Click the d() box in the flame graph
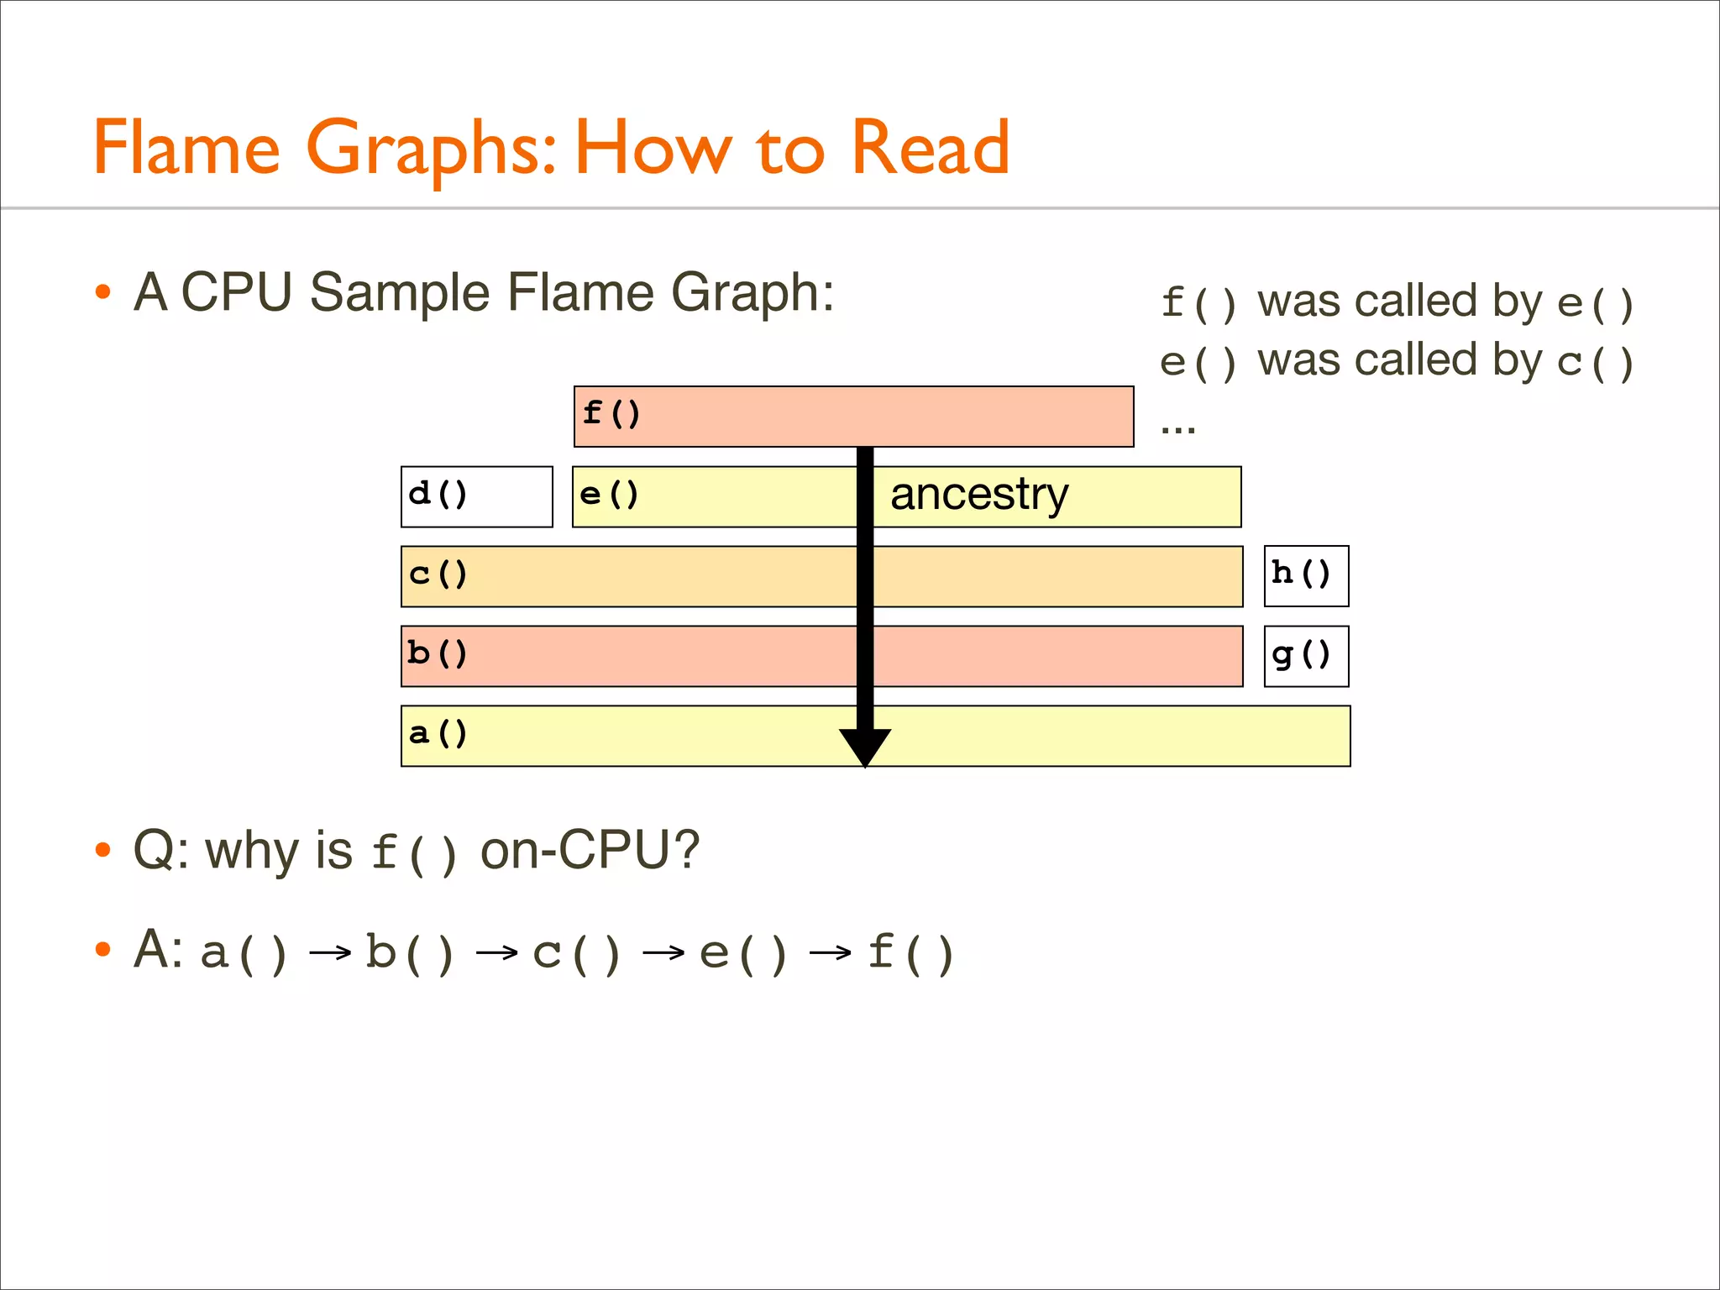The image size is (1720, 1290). click(476, 496)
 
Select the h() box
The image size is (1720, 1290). click(1306, 576)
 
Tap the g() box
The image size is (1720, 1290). click(1306, 656)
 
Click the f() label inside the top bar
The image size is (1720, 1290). click(611, 413)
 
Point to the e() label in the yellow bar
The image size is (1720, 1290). click(609, 494)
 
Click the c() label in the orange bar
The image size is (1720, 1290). click(438, 574)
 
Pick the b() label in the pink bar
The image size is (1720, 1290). click(437, 653)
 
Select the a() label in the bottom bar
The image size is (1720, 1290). click(438, 734)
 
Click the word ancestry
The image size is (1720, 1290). click(979, 494)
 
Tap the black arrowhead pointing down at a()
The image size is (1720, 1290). click(865, 746)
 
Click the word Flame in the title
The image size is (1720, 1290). click(186, 148)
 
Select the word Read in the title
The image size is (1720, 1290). click(931, 148)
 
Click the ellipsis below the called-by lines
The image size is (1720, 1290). click(1177, 429)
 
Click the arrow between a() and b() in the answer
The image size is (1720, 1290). click(330, 952)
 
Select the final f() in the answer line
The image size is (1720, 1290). click(910, 952)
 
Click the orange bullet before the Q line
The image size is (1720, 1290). click(103, 850)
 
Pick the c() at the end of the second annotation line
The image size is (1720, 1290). click(1595, 362)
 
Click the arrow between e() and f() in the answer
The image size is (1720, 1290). click(831, 952)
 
